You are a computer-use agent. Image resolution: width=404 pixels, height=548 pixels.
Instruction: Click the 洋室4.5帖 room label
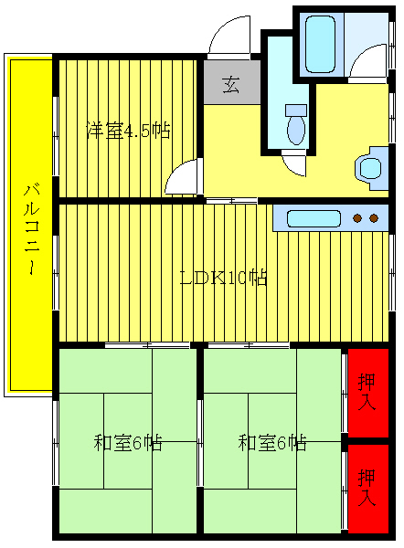click(128, 130)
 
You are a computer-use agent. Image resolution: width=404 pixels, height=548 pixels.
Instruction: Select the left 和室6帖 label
click(128, 444)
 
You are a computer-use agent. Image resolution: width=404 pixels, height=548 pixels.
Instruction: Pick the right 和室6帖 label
click(272, 444)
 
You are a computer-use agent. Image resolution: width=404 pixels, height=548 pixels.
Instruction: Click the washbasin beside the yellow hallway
click(370, 168)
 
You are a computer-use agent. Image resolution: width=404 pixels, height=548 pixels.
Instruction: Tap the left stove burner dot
click(357, 218)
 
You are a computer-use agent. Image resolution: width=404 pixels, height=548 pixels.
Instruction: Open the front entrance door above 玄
click(227, 38)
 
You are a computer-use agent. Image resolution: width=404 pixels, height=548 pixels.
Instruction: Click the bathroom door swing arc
click(367, 64)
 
